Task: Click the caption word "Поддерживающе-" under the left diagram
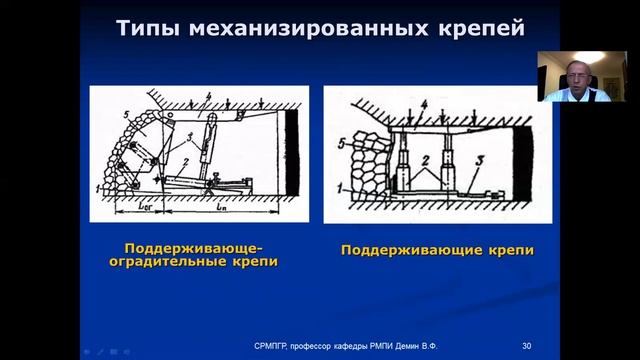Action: point(199,247)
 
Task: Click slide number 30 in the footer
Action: point(527,345)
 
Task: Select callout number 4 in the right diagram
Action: point(423,105)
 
